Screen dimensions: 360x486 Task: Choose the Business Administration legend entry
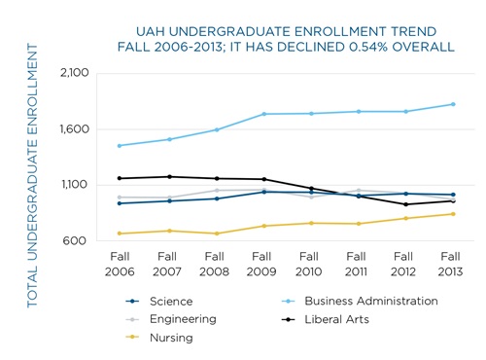[x=364, y=302]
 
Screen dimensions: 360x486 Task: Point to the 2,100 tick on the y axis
[x=74, y=73]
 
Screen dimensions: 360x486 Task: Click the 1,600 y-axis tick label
[x=74, y=129]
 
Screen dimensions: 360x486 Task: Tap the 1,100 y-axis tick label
[x=74, y=185]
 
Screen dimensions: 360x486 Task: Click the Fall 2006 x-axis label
[x=119, y=263]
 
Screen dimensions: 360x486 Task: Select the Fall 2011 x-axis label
[x=357, y=263]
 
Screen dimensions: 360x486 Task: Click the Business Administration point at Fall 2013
[x=452, y=104]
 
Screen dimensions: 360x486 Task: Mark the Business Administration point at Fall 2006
[x=119, y=146]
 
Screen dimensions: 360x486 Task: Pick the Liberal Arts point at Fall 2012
[x=404, y=204]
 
